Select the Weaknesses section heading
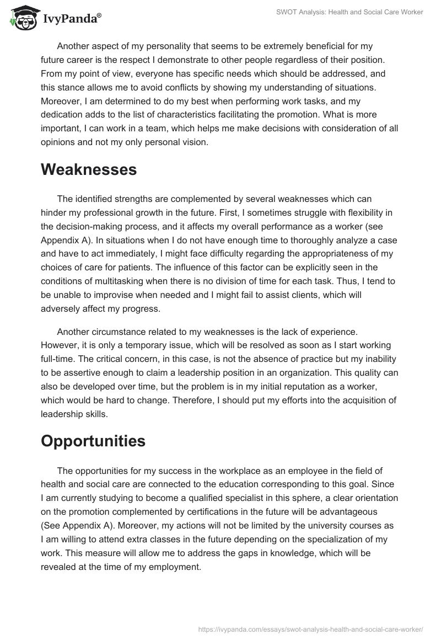(89, 170)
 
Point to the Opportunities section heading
(93, 441)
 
